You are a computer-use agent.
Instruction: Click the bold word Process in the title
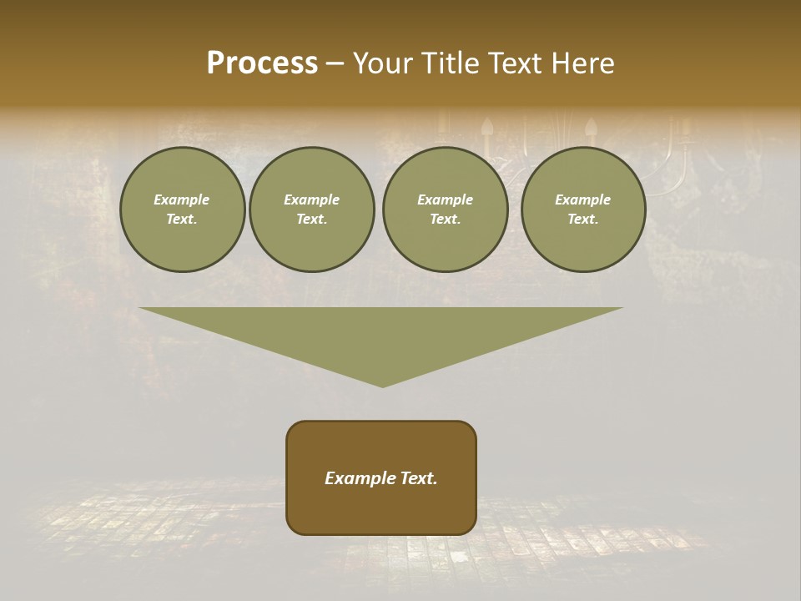[x=262, y=63]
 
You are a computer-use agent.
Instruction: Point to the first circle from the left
[x=182, y=210]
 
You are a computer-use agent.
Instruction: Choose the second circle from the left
[x=311, y=210]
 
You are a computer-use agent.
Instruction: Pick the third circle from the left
[x=445, y=210]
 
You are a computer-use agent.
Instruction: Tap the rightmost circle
[x=582, y=210]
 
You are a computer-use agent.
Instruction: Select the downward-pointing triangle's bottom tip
[x=382, y=386]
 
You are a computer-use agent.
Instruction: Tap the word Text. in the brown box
[x=418, y=478]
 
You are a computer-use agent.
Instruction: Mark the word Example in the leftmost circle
[x=182, y=199]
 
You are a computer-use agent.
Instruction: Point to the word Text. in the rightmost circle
[x=582, y=220]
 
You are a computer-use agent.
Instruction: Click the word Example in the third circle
[x=445, y=199]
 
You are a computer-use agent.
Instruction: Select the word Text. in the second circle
[x=311, y=220]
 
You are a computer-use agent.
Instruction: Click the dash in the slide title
[x=335, y=63]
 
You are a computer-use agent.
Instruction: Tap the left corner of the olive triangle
[x=141, y=309]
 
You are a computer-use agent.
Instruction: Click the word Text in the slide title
[x=513, y=63]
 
